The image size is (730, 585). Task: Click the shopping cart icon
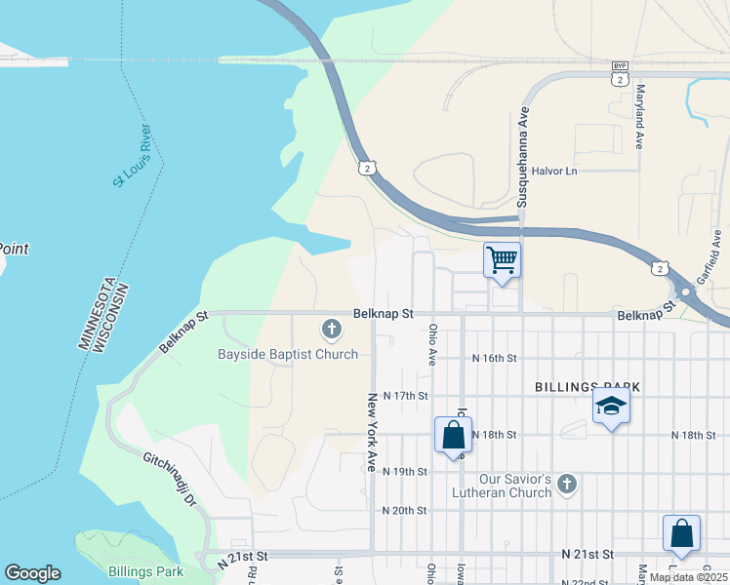pyautogui.click(x=502, y=260)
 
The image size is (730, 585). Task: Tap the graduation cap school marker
pyautogui.click(x=611, y=406)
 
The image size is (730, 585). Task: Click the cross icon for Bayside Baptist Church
pyautogui.click(x=331, y=330)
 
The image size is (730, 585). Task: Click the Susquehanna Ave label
pyautogui.click(x=523, y=155)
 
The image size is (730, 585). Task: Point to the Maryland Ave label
pyautogui.click(x=641, y=116)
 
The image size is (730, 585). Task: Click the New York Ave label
pyautogui.click(x=372, y=433)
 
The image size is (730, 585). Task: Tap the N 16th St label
pyautogui.click(x=493, y=358)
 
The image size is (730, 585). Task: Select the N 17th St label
pyautogui.click(x=406, y=395)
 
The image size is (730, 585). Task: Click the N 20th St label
pyautogui.click(x=404, y=510)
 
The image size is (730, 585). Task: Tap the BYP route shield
pyautogui.click(x=620, y=66)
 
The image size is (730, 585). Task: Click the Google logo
pyautogui.click(x=32, y=573)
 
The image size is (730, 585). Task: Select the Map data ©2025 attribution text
pyautogui.click(x=687, y=577)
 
